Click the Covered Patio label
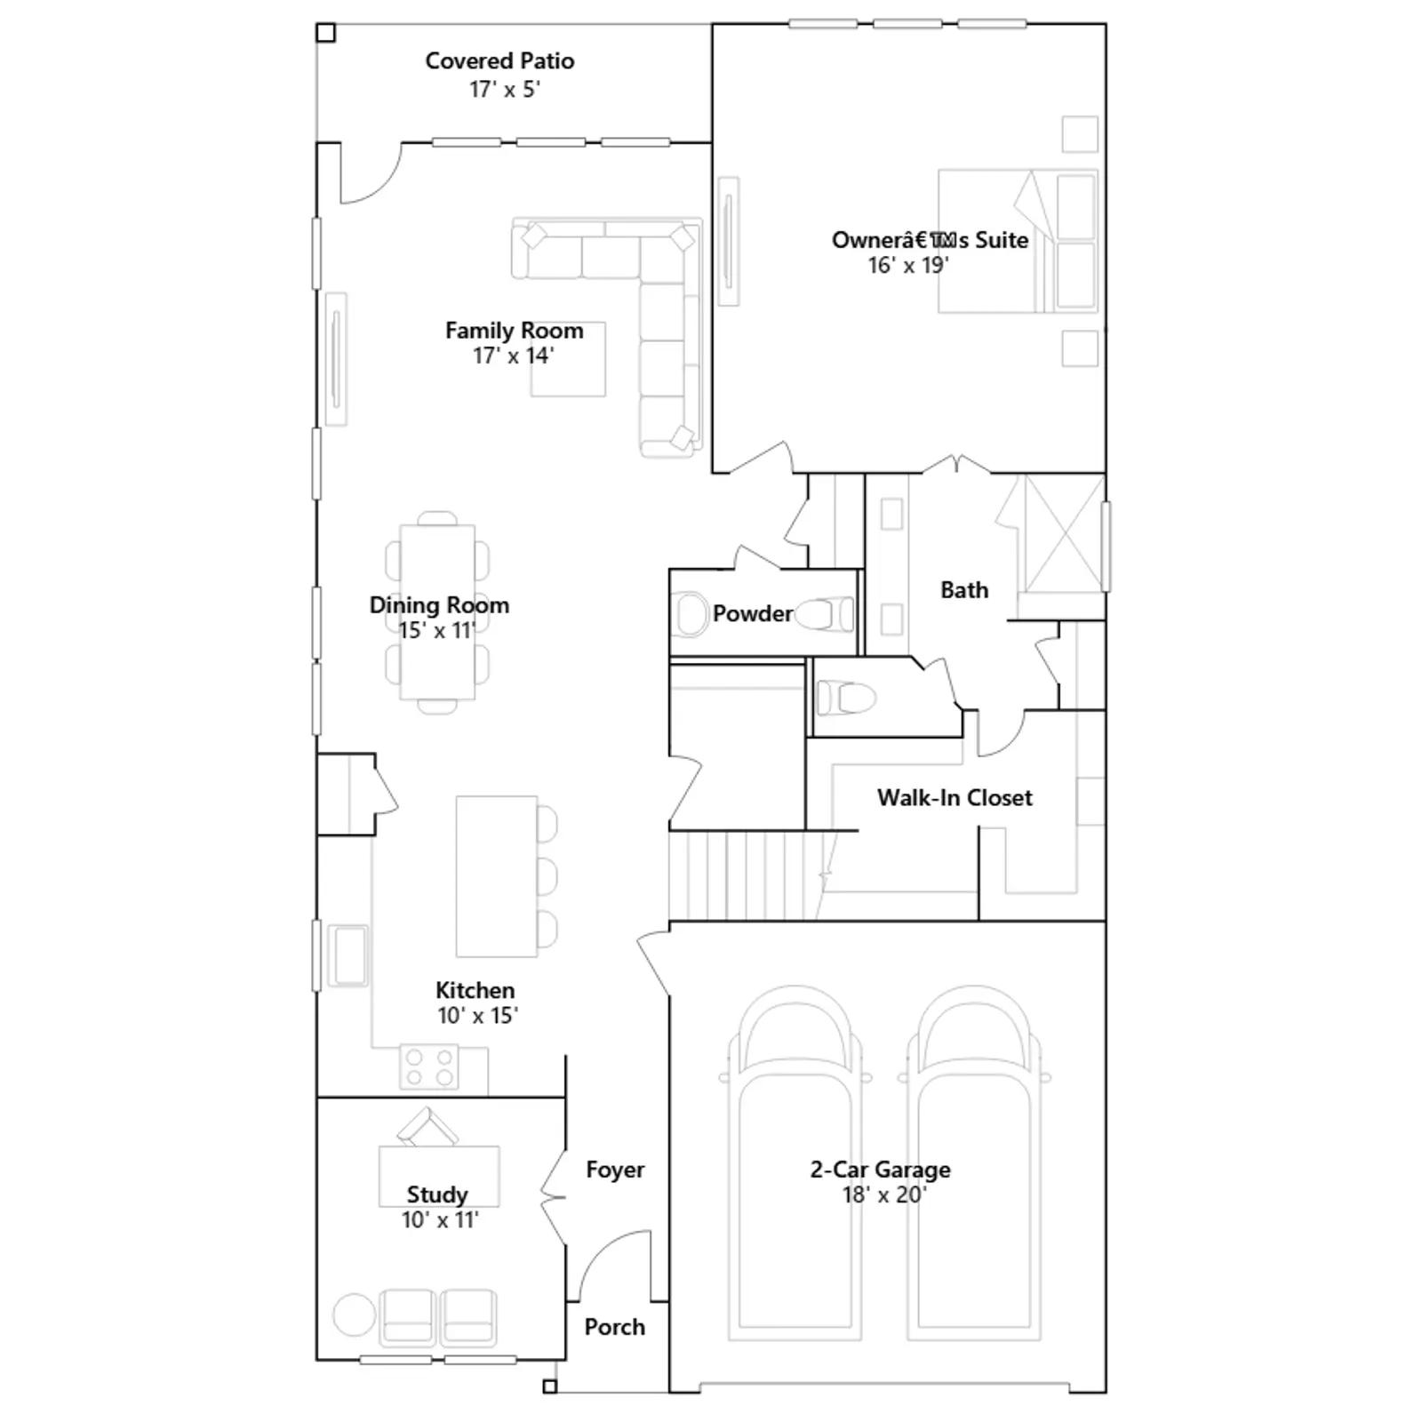pyautogui.click(x=499, y=61)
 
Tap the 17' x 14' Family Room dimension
pyautogui.click(x=513, y=355)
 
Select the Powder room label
pyautogui.click(x=752, y=613)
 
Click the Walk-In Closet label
pyautogui.click(x=955, y=797)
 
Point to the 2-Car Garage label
pyautogui.click(x=880, y=1169)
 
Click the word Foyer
pyautogui.click(x=615, y=1170)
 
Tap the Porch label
pyautogui.click(x=614, y=1327)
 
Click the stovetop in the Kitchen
pyautogui.click(x=429, y=1066)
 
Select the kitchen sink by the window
pyautogui.click(x=348, y=955)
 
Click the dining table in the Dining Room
pyautogui.click(x=437, y=612)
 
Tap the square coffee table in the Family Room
pyautogui.click(x=568, y=359)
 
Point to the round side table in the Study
pyautogui.click(x=355, y=1314)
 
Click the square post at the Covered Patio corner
pyautogui.click(x=326, y=33)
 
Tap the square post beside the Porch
pyautogui.click(x=550, y=1386)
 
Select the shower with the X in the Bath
pyautogui.click(x=1063, y=533)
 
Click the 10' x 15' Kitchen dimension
pyautogui.click(x=477, y=1015)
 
